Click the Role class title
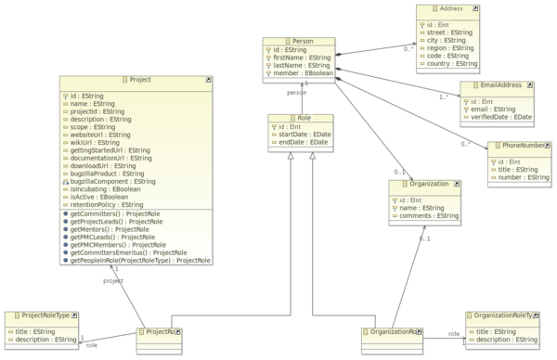(303, 119)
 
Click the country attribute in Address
(452, 64)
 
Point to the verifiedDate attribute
(501, 117)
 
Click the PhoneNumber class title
(522, 146)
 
